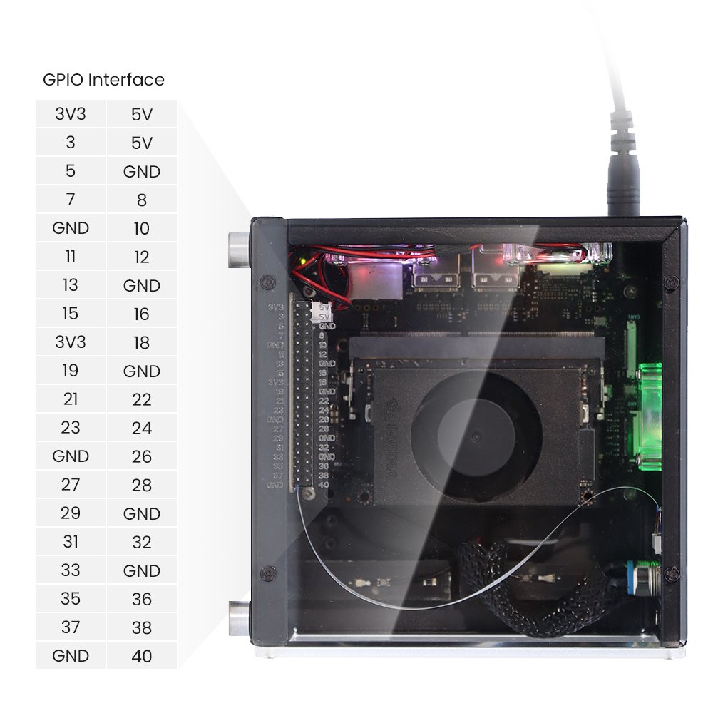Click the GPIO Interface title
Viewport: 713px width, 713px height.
click(x=103, y=80)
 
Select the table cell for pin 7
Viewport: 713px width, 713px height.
click(x=71, y=200)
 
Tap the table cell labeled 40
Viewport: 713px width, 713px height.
click(x=142, y=656)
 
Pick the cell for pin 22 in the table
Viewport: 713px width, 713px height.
click(x=142, y=399)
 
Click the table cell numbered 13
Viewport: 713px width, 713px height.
click(x=71, y=285)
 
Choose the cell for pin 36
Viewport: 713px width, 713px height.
click(x=142, y=599)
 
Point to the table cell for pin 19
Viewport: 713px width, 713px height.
click(x=71, y=371)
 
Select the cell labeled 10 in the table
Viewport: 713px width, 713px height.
click(x=142, y=228)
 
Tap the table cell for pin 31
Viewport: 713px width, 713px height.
click(x=71, y=542)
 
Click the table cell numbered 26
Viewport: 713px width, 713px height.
click(x=142, y=456)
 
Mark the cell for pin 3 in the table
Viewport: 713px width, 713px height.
click(x=71, y=143)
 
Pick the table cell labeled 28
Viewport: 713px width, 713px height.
click(x=142, y=485)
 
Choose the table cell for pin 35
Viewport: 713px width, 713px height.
click(x=71, y=599)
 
